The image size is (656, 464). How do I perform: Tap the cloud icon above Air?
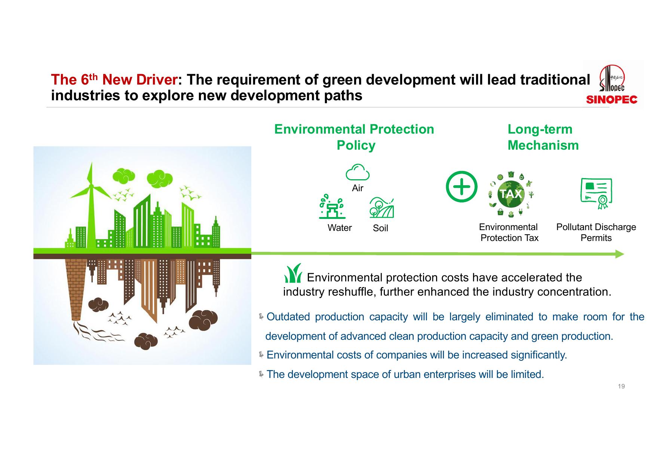[x=358, y=172]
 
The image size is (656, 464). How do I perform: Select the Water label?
[x=340, y=228]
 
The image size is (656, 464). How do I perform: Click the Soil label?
[x=380, y=228]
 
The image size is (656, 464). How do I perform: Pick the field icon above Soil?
[x=382, y=208]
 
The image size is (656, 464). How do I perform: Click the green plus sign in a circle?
[x=462, y=187]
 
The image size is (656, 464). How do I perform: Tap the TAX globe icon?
[x=511, y=194]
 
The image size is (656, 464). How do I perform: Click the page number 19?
[x=621, y=387]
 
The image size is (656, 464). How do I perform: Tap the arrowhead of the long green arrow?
[x=620, y=254]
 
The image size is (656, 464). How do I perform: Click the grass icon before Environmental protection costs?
[x=293, y=273]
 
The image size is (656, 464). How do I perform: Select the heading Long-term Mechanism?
[x=543, y=137]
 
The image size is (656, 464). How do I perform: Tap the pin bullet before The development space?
[x=261, y=374]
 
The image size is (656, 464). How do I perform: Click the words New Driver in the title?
[x=140, y=79]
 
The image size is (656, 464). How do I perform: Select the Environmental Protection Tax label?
[x=509, y=232]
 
